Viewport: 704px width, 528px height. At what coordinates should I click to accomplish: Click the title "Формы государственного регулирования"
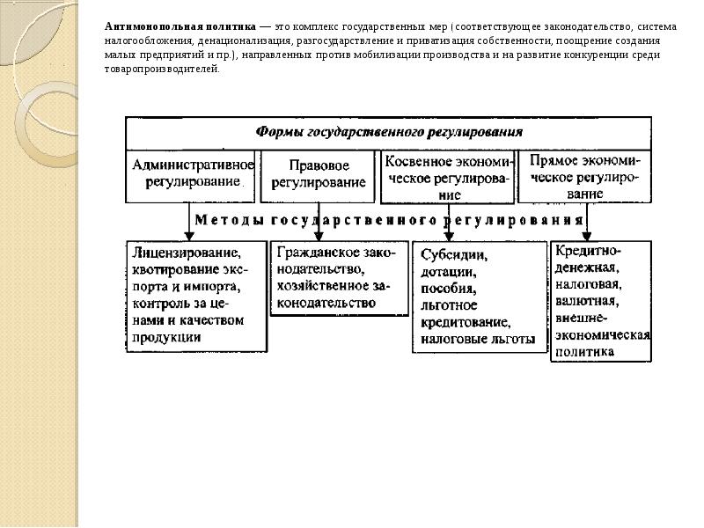[389, 132]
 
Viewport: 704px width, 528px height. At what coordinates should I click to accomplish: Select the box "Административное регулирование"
[193, 173]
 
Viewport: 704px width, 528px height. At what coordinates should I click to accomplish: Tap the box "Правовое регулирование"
[318, 173]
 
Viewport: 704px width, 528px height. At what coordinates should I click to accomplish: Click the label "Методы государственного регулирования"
[389, 218]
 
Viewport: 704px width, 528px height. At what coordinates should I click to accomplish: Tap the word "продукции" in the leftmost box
[168, 336]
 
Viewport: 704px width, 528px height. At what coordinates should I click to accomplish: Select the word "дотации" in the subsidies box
[445, 272]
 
